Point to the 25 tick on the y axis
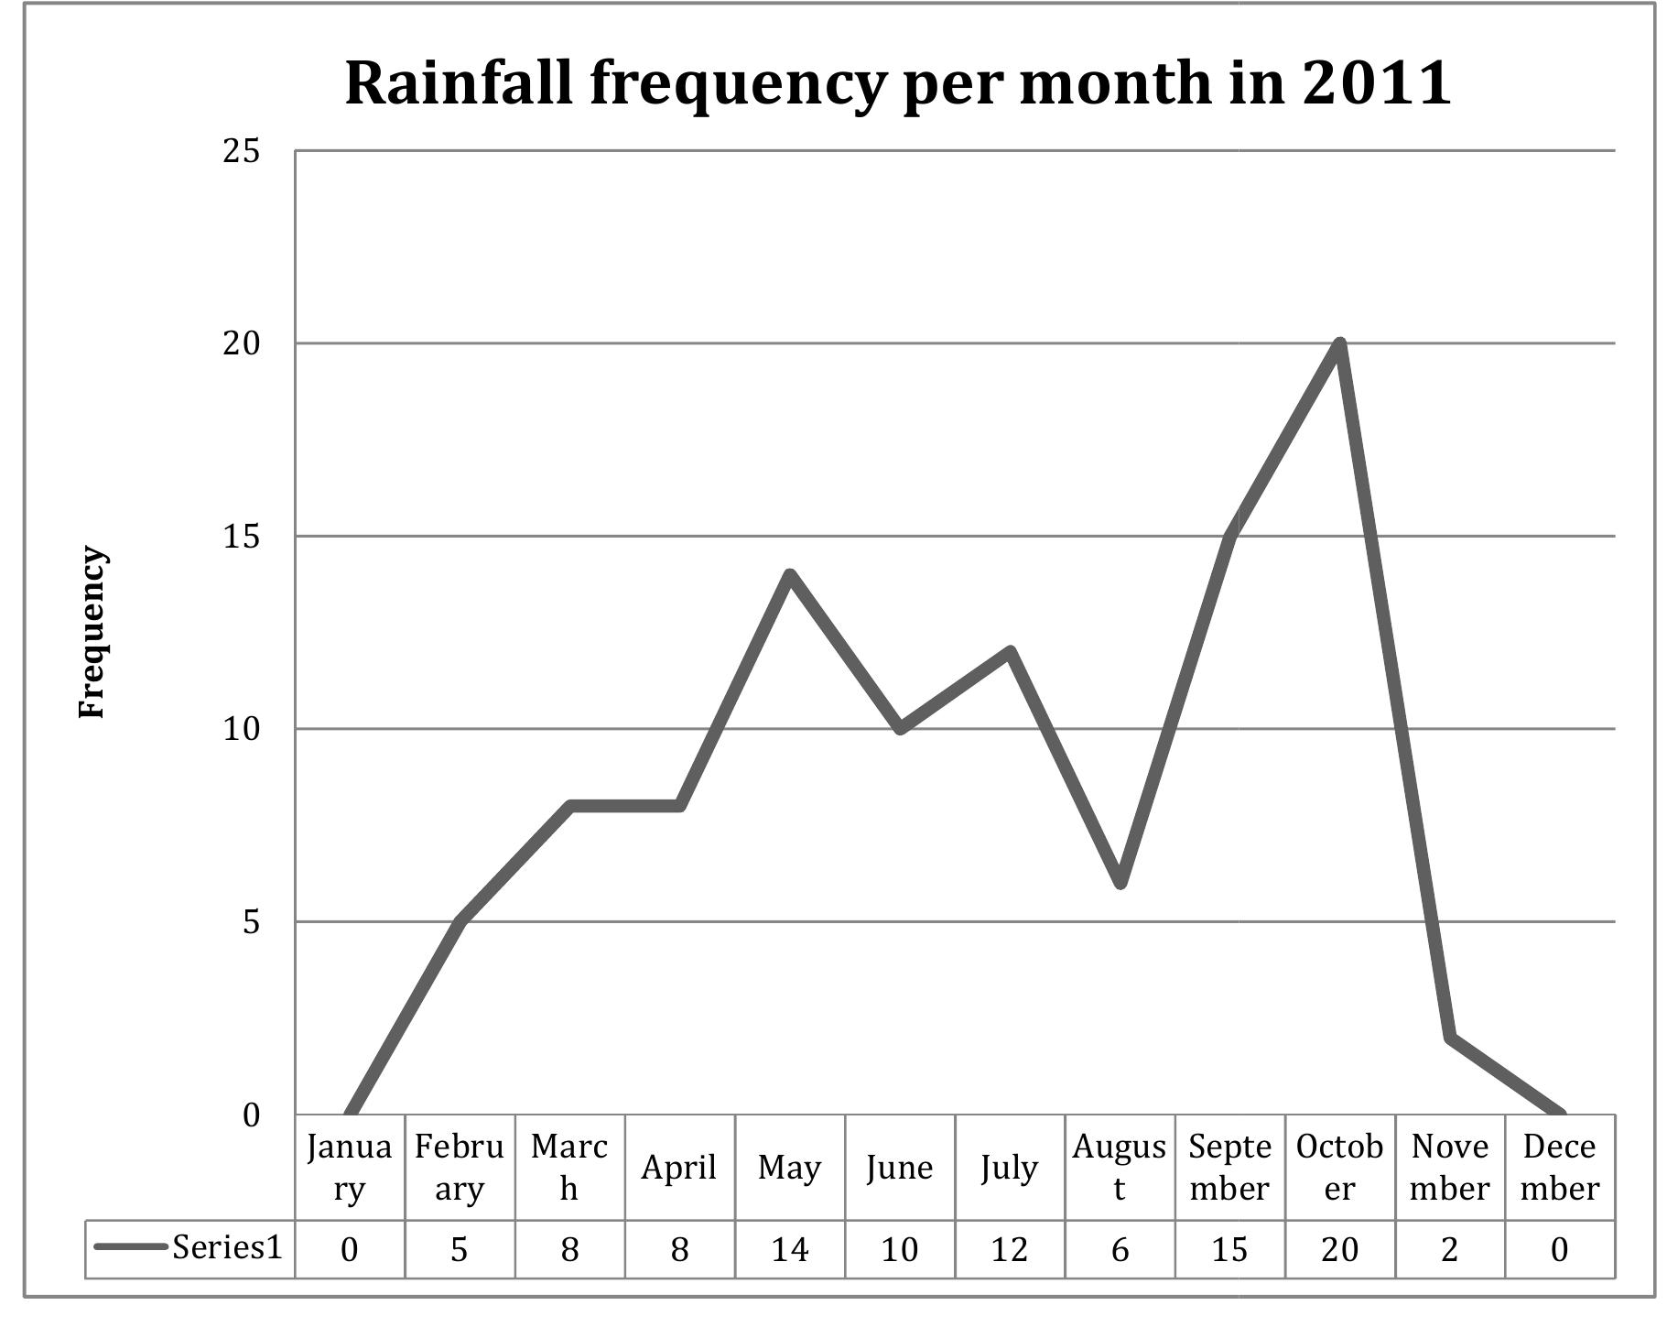[241, 151]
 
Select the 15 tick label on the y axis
[241, 537]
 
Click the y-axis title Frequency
[92, 632]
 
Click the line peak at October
[1339, 344]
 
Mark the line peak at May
[790, 575]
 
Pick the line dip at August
[1120, 883]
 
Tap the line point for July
[1010, 652]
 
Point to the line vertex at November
[1450, 1037]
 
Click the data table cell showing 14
[790, 1249]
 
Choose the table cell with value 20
[1339, 1249]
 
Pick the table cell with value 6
[1120, 1249]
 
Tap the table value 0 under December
[1560, 1249]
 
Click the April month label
[678, 1168]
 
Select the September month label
[1229, 1168]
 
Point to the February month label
[459, 1168]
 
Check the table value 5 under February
[459, 1249]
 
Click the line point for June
[900, 729]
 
